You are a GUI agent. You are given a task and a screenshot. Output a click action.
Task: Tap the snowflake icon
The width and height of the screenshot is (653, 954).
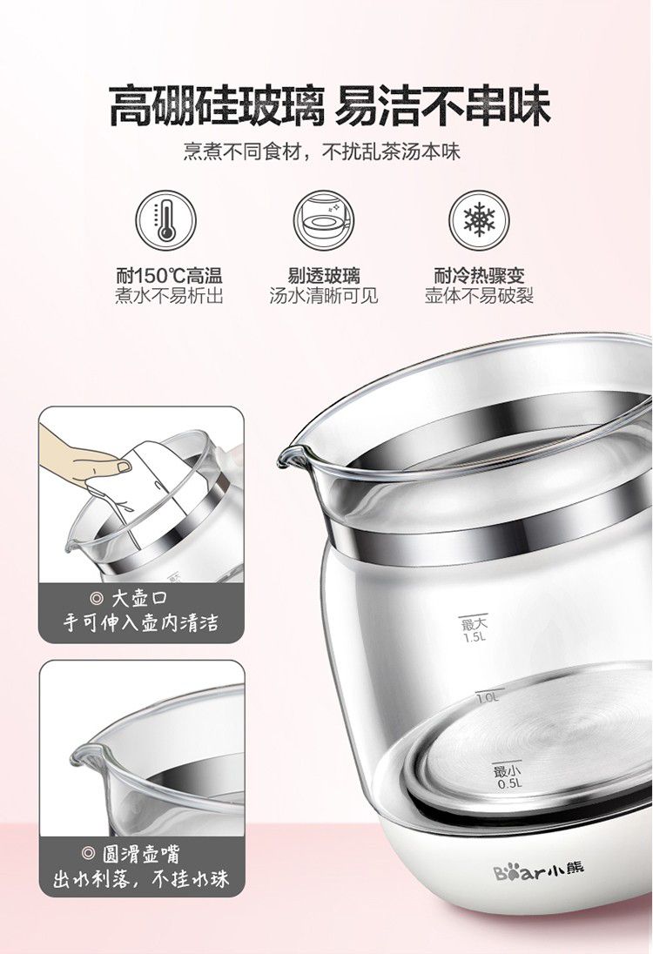click(x=479, y=219)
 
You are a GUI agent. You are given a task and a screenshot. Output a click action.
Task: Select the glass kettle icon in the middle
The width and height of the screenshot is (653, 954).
click(x=323, y=219)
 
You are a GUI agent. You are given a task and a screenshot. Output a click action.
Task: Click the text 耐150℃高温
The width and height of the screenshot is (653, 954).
click(x=169, y=276)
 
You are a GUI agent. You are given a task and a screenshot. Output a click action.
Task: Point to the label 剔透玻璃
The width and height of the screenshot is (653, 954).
click(x=324, y=276)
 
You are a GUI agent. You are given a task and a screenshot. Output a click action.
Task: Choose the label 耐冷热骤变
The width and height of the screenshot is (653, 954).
click(x=479, y=276)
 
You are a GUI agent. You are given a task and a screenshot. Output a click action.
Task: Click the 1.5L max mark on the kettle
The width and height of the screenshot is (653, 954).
click(x=475, y=629)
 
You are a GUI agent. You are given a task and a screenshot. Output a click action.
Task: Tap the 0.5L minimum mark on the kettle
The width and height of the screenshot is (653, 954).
click(x=508, y=776)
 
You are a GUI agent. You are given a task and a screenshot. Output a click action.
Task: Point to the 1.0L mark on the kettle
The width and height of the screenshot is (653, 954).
click(x=487, y=697)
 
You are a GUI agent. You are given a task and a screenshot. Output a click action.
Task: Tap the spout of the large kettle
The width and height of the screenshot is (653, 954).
click(x=293, y=455)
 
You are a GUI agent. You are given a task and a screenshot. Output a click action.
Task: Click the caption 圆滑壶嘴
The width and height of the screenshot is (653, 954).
click(x=140, y=854)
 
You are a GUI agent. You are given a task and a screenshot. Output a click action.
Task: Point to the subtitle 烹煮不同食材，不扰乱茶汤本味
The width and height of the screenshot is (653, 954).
click(x=322, y=151)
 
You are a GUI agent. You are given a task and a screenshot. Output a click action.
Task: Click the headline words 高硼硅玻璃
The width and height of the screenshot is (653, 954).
click(x=215, y=106)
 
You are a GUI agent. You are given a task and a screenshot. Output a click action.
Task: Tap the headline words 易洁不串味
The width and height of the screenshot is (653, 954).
click(x=442, y=106)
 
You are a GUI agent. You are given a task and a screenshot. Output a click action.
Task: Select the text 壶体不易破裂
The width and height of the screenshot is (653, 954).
click(x=479, y=296)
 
